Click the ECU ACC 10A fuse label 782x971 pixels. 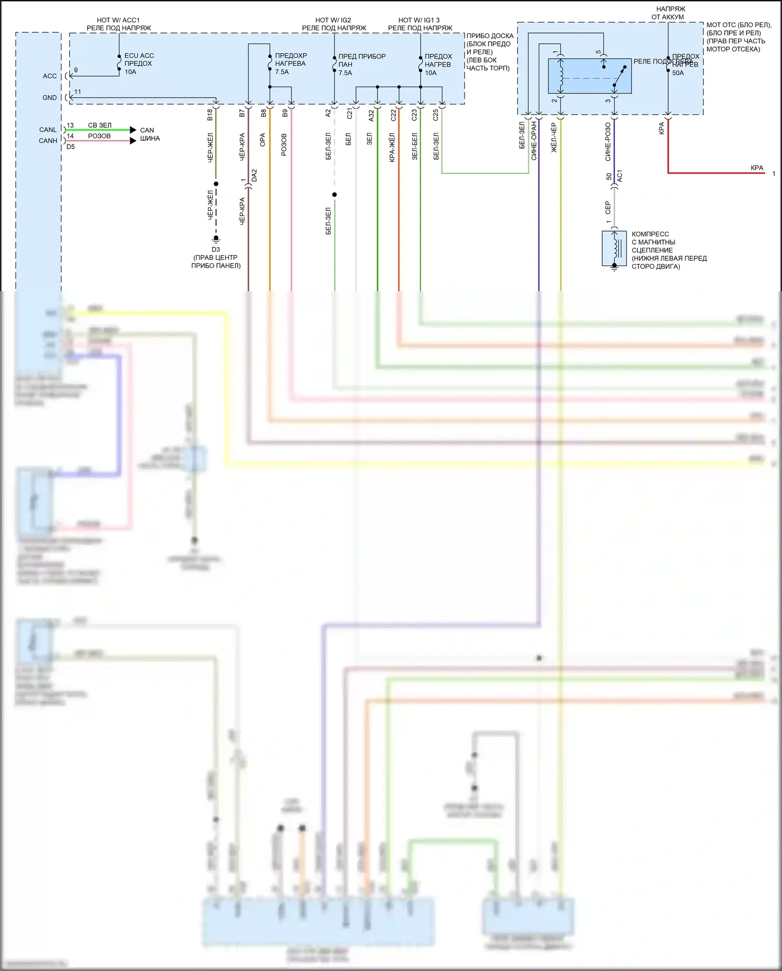139,64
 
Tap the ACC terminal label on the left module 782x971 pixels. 50,76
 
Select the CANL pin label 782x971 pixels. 48,130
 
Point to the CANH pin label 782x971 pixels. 48,141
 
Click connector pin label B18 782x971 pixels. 210,115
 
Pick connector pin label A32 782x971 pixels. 371,115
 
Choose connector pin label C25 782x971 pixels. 436,115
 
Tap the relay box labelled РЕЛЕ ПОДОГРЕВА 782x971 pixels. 590,76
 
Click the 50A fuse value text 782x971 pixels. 678,73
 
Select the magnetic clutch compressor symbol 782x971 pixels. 614,248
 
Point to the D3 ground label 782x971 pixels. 216,250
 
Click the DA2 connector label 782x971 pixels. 254,175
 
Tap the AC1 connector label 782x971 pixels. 620,176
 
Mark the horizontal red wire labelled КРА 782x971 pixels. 714,173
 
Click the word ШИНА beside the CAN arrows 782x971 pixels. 150,139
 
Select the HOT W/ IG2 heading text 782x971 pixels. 333,20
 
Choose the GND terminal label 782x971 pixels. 50,98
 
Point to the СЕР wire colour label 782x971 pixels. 608,208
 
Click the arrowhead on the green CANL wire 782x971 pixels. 133,130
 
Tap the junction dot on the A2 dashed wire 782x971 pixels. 335,195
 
